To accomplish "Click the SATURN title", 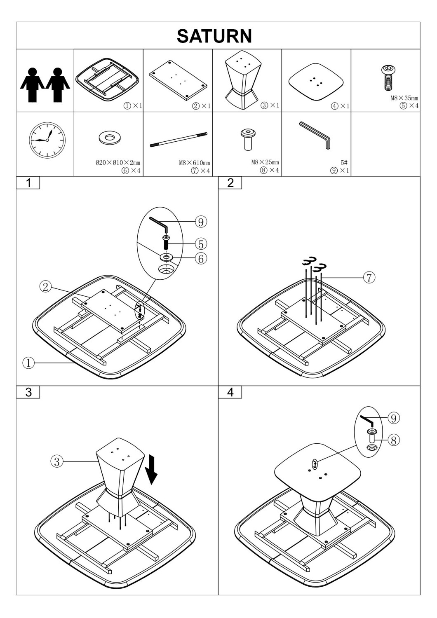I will click(x=214, y=36).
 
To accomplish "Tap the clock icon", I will click(x=47, y=140).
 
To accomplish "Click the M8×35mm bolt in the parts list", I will click(x=388, y=78).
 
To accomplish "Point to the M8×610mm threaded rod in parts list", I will click(x=179, y=140).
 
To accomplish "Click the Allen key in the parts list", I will click(x=315, y=135).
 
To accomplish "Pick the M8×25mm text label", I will click(x=265, y=162).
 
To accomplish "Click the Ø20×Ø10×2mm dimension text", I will click(x=118, y=163).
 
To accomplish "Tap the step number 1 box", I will click(x=28, y=183).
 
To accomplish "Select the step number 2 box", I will click(x=230, y=183).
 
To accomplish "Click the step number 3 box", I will click(x=28, y=392).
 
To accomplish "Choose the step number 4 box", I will click(x=230, y=392).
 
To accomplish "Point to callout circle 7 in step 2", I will click(x=369, y=278).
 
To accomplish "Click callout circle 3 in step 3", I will click(x=56, y=461).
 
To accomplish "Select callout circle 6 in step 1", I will click(x=201, y=259).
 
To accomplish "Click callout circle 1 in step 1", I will click(x=28, y=363).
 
